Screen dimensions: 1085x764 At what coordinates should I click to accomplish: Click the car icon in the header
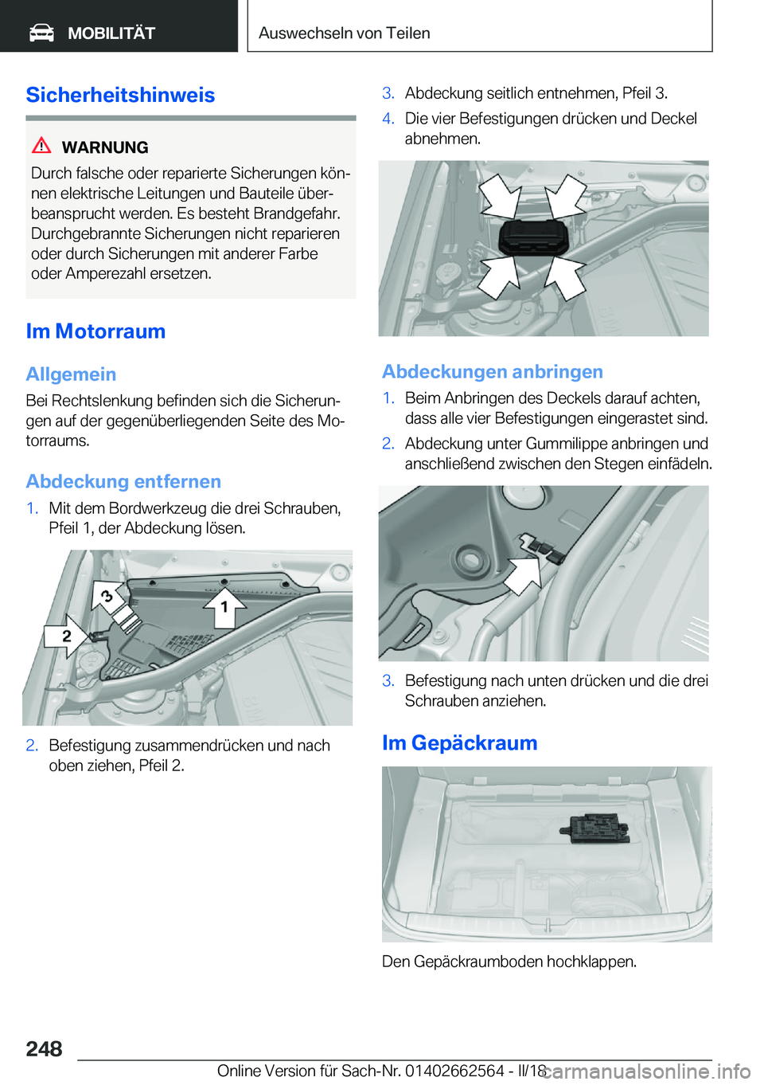[41, 33]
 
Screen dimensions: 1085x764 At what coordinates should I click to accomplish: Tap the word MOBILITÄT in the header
[111, 33]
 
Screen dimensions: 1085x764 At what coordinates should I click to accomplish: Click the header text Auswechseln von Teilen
[344, 33]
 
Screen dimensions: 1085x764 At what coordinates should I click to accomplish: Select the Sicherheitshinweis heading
[120, 95]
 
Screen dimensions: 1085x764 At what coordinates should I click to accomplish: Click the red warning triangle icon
[41, 146]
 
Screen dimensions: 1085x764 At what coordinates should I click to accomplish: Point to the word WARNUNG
[105, 147]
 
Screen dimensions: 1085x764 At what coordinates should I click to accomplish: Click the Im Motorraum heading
[95, 331]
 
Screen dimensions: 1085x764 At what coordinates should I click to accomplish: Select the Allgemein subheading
[71, 374]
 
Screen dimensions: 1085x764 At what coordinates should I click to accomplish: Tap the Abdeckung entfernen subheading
[123, 482]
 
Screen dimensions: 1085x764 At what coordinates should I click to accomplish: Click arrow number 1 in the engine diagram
[224, 607]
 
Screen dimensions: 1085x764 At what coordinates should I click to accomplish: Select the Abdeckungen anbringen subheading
[492, 372]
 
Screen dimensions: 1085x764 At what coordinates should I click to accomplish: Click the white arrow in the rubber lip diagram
[523, 573]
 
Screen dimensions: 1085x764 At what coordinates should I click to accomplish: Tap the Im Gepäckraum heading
[459, 743]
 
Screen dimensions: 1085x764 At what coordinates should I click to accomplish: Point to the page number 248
[44, 1049]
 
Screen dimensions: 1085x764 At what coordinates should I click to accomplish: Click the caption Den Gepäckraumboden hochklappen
[509, 962]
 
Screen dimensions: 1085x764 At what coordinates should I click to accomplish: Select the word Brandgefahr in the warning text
[297, 213]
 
